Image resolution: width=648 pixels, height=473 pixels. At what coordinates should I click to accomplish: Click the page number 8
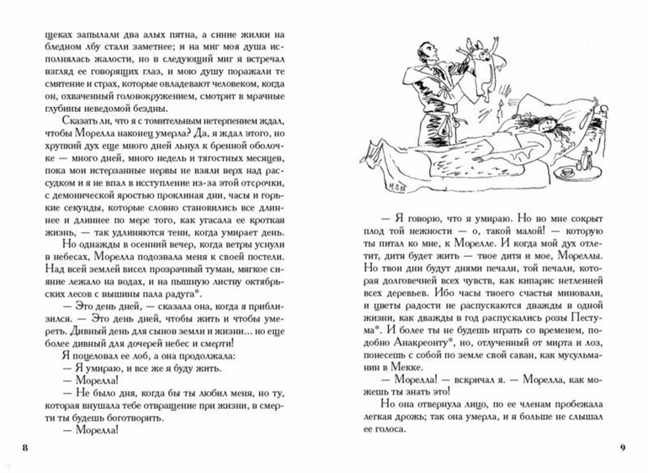click(25, 445)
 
